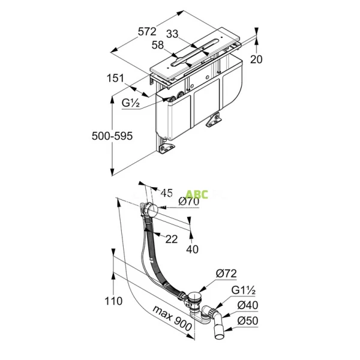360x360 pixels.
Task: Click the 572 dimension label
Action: click(147, 31)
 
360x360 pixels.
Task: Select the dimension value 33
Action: click(172, 34)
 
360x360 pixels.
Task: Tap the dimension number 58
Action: click(158, 45)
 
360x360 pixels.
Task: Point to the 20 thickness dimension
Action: click(256, 59)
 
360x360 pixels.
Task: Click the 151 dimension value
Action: click(115, 78)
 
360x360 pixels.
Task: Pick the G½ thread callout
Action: click(131, 103)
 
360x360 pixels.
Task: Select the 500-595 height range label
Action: click(112, 136)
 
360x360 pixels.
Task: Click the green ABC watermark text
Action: click(197, 194)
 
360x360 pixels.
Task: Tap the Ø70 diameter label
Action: click(189, 202)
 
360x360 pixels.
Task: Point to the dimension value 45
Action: click(166, 193)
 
